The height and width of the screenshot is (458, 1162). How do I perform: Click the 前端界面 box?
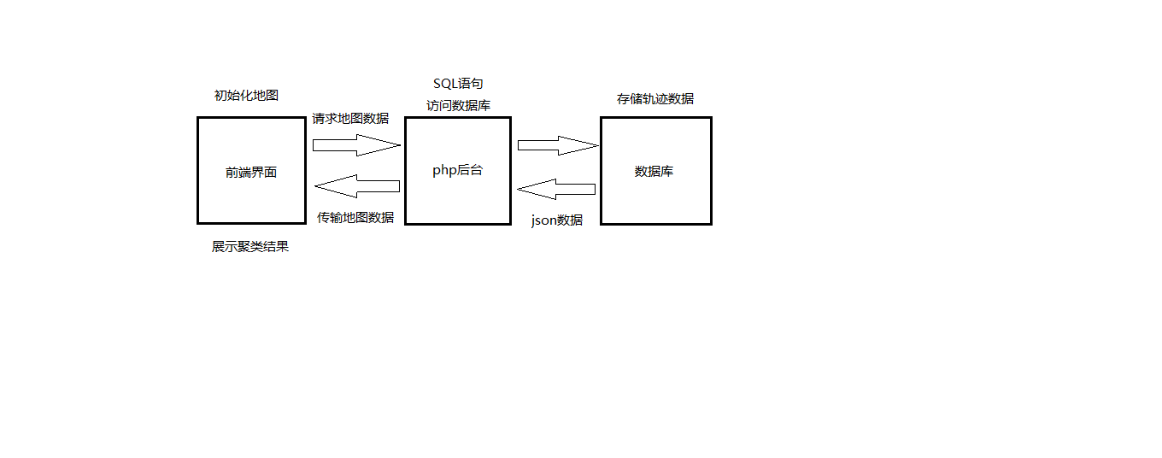(x=251, y=197)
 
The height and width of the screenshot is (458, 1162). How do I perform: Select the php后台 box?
(x=457, y=197)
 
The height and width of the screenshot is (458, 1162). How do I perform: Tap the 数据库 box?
(x=655, y=197)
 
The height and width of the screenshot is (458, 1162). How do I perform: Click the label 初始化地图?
(x=246, y=95)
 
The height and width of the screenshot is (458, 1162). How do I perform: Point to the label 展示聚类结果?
(x=250, y=247)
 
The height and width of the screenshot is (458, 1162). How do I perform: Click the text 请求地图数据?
(x=350, y=119)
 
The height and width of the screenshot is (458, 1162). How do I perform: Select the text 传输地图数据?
(x=355, y=217)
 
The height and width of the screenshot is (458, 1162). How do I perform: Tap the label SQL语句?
(x=458, y=84)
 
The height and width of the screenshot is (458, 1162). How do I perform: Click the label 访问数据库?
(x=459, y=105)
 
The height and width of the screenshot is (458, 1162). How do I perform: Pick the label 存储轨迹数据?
(x=655, y=99)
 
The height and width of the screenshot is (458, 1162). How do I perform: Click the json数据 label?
(x=557, y=220)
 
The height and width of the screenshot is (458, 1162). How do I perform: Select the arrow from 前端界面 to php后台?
(x=355, y=144)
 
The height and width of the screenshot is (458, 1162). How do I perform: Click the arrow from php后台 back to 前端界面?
(x=357, y=185)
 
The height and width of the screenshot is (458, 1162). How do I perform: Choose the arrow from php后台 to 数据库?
(x=557, y=145)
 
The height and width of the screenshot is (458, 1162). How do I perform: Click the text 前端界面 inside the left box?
(x=251, y=172)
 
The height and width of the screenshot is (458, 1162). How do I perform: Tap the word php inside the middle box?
(x=444, y=170)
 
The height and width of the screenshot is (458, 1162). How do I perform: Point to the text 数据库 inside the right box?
(x=654, y=171)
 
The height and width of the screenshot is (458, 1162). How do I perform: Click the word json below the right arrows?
(x=543, y=220)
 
